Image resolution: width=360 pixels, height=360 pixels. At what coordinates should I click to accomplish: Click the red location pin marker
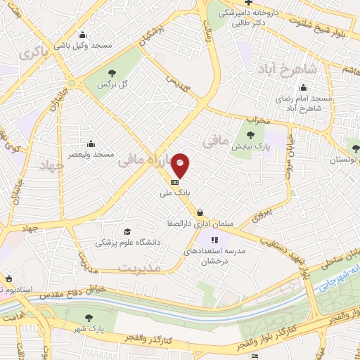pyautogui.click(x=181, y=165)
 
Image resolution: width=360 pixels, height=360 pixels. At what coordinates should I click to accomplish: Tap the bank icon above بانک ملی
pyautogui.click(x=174, y=181)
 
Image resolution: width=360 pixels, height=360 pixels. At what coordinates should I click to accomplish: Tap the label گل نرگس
pyautogui.click(x=113, y=84)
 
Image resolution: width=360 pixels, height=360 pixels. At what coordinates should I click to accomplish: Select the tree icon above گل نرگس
pyautogui.click(x=112, y=73)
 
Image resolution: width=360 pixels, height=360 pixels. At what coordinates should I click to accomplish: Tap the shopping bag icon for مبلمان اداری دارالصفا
pyautogui.click(x=201, y=211)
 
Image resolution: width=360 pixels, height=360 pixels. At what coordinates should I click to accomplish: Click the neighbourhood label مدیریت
pyautogui.click(x=140, y=269)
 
